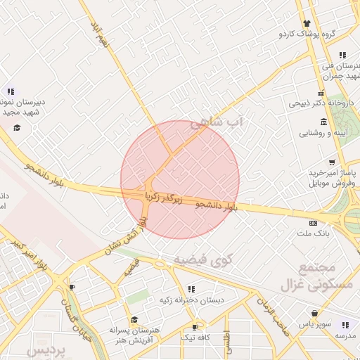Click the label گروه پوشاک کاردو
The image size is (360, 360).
point(308,33)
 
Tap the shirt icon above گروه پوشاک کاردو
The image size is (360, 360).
point(307,22)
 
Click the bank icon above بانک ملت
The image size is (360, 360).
point(313,224)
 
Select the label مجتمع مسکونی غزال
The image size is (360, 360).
point(316,276)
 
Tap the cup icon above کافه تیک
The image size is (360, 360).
point(195,327)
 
